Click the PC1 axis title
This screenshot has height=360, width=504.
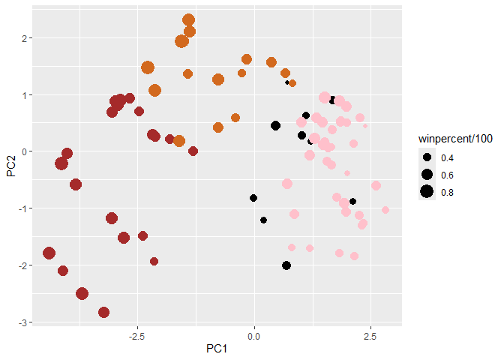pyautogui.click(x=218, y=349)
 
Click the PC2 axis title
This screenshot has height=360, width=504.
pyautogui.click(x=11, y=163)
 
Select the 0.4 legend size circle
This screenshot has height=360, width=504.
pyautogui.click(x=427, y=158)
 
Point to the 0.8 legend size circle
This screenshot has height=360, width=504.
pyautogui.click(x=427, y=193)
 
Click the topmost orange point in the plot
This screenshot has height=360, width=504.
pyautogui.click(x=188, y=20)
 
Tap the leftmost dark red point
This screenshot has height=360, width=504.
pyautogui.click(x=49, y=253)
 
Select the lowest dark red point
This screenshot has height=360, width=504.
pyautogui.click(x=103, y=312)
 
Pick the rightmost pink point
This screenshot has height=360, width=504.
pyautogui.click(x=385, y=210)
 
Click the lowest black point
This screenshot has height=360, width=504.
pyautogui.click(x=286, y=265)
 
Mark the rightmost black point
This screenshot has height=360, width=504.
pyautogui.click(x=352, y=201)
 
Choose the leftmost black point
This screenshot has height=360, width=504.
pyautogui.click(x=253, y=198)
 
